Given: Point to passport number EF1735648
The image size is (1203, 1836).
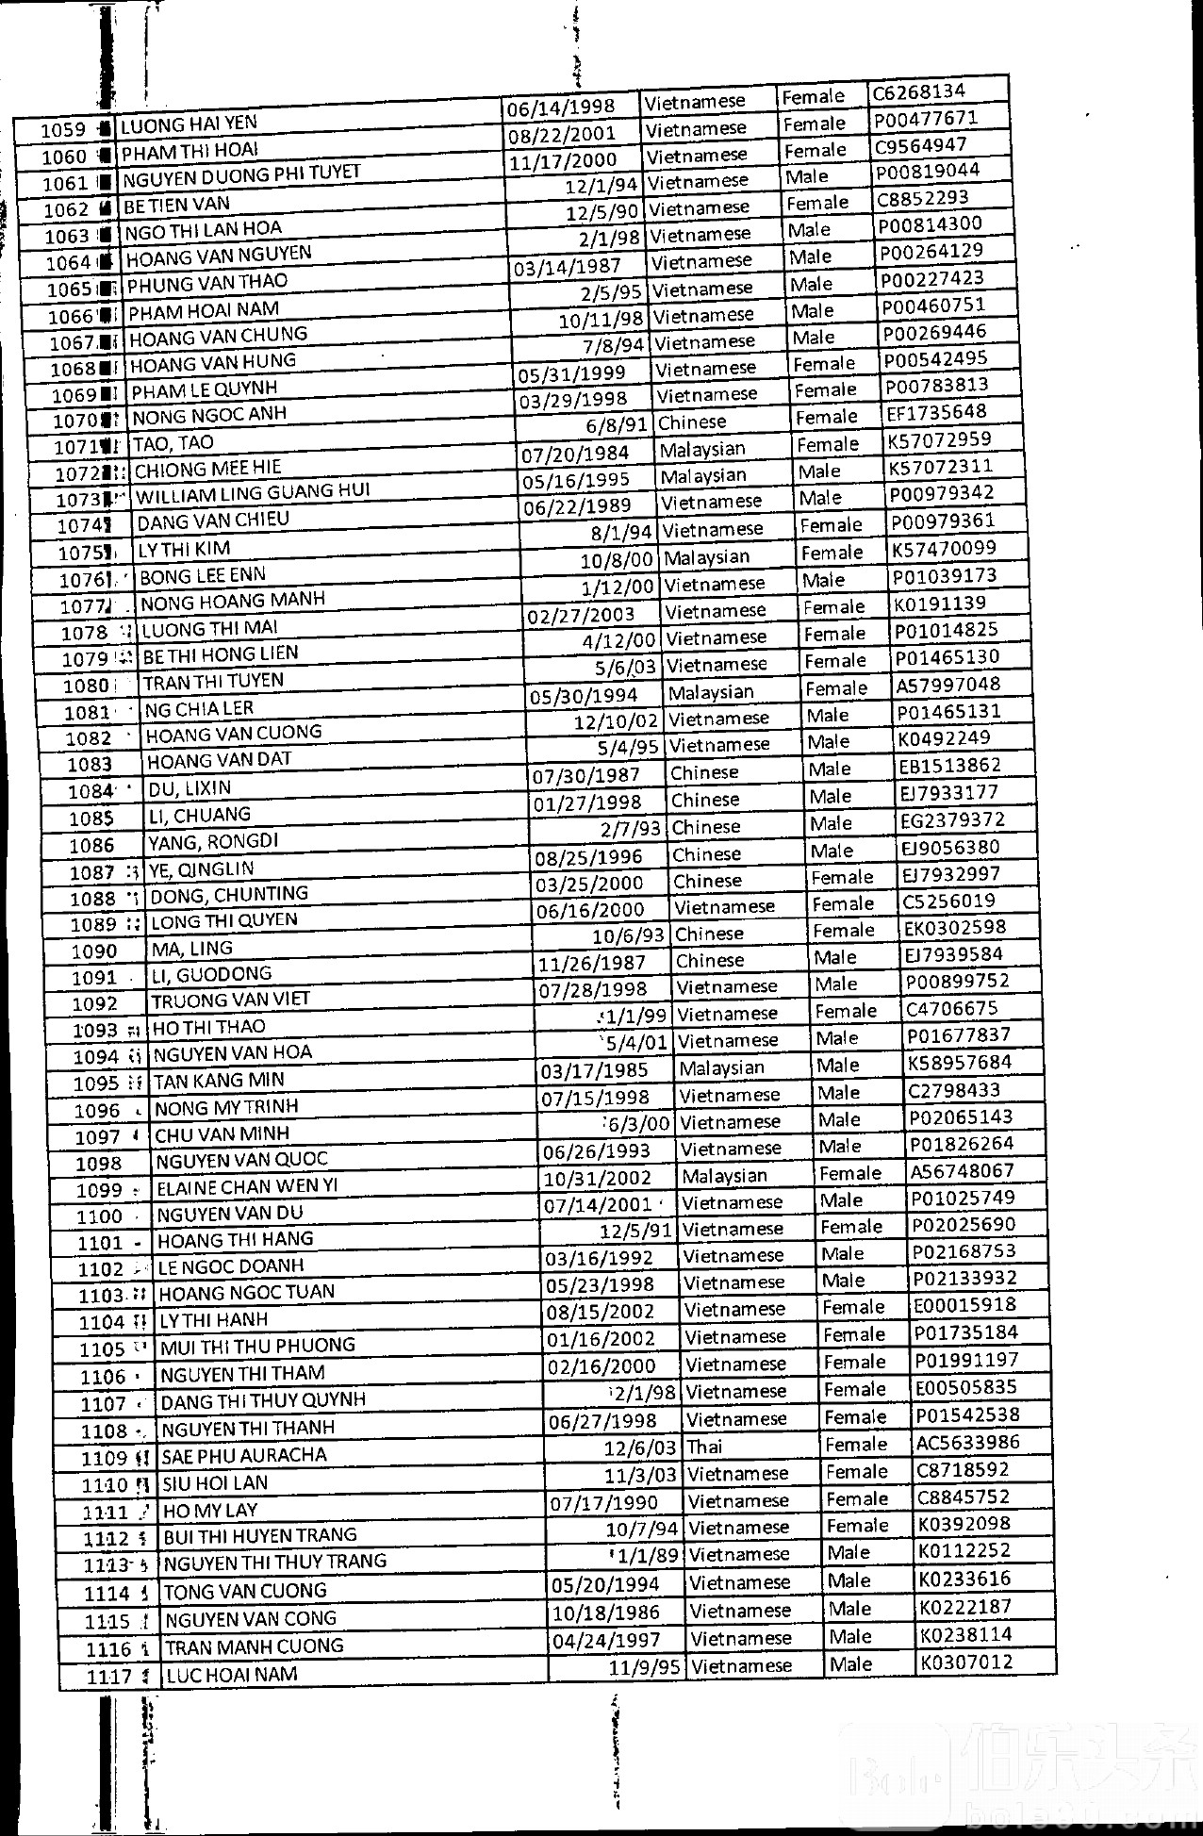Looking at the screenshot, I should pyautogui.click(x=936, y=412).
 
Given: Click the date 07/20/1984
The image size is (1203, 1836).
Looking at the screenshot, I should pyautogui.click(x=575, y=454).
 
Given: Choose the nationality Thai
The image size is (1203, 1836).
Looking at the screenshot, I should pyautogui.click(x=704, y=1447).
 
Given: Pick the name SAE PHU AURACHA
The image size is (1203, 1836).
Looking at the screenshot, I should pyautogui.click(x=244, y=1456).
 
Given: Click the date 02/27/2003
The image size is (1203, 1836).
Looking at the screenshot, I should pyautogui.click(x=581, y=616).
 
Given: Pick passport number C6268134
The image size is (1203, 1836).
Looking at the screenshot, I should pyautogui.click(x=918, y=91).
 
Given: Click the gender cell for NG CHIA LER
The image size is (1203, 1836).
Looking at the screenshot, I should pyautogui.click(x=835, y=688).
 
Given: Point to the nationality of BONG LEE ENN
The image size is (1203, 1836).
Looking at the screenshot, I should pyautogui.click(x=706, y=557).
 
